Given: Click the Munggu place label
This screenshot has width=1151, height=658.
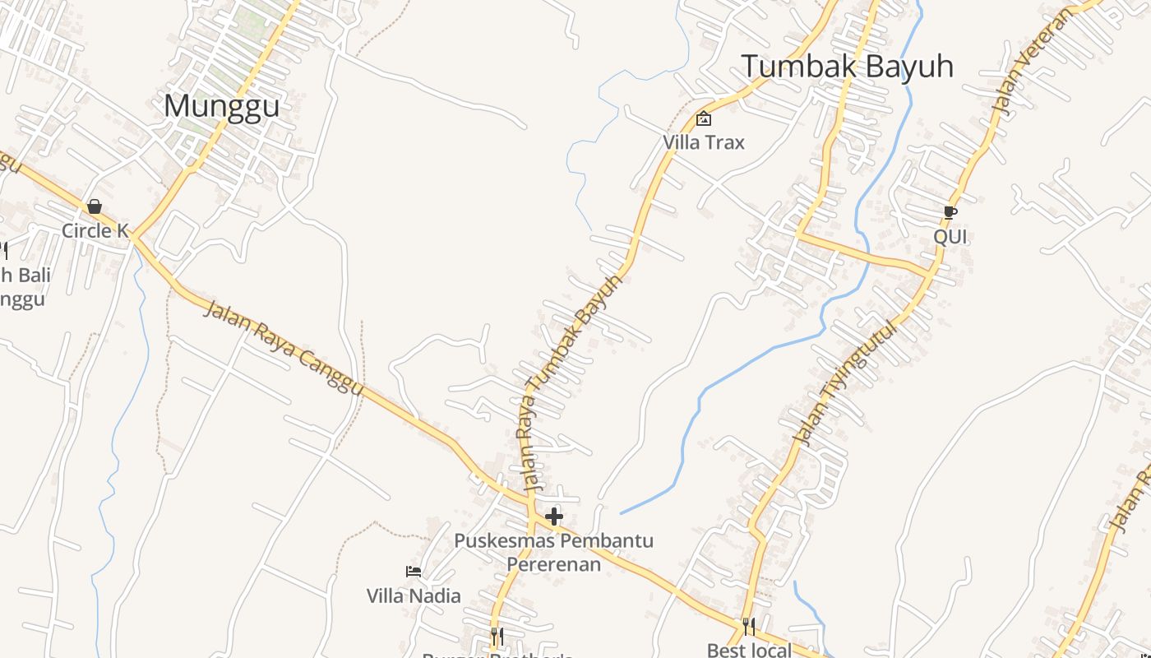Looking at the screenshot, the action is pos(221,106).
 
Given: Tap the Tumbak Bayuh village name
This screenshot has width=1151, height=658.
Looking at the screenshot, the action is pos(848,67).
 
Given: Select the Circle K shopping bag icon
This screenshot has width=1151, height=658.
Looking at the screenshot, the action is pos(95,206).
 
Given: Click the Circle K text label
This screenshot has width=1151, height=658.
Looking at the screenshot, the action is pos(95,231).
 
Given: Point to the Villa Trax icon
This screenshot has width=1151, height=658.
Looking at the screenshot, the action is pos(704,118).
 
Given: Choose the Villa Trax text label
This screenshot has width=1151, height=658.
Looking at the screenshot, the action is pos(704,142).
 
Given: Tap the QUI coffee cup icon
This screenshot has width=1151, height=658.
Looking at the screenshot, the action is pos(950,213).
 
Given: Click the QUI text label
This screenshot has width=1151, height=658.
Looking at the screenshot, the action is pos(950,237).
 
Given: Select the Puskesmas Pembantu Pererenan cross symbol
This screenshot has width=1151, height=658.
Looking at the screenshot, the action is pos(554,517).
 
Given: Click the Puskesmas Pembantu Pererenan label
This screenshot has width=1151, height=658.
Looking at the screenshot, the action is pos(554,553).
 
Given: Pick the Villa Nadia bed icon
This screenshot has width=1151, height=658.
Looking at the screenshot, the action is pos(414,572).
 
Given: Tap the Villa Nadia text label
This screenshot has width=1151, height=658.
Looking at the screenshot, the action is pos(414,595).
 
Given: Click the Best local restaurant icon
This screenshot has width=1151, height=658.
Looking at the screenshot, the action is pos(748,627).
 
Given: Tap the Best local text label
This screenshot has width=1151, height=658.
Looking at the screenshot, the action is pos(749,650).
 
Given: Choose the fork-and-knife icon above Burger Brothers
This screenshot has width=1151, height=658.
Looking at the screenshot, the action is pos(497,636).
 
